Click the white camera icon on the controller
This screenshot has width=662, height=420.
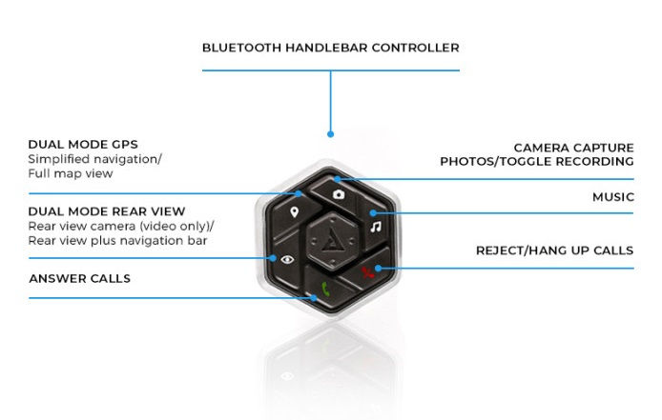coord(339,194)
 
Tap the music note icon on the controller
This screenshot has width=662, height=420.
coord(375,227)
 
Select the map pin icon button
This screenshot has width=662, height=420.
coord(294,212)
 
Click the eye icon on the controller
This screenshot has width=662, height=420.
coord(287,259)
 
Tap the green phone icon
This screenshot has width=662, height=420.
coord(325,290)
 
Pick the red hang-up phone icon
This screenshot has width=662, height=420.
coord(368,272)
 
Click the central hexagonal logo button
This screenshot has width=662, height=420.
coord(332,241)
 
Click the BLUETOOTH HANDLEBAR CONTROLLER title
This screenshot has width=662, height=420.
coord(331,48)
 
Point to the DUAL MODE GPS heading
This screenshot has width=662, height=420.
coord(83,144)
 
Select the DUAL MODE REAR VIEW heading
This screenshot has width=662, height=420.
coord(107,211)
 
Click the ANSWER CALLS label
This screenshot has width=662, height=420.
coord(80,278)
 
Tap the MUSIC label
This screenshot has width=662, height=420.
coord(613,197)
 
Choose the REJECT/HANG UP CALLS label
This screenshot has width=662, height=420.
coord(555,250)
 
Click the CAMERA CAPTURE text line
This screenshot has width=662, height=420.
coord(573,148)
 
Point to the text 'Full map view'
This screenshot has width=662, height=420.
coord(71,173)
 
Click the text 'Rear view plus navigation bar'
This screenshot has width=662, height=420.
coord(117,241)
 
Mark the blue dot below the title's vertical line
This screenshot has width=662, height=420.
coord(331,134)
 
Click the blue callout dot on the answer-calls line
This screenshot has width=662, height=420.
coord(314,298)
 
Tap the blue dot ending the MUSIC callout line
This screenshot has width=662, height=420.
coord(373,213)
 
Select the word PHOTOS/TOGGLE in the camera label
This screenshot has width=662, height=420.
coord(496,162)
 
